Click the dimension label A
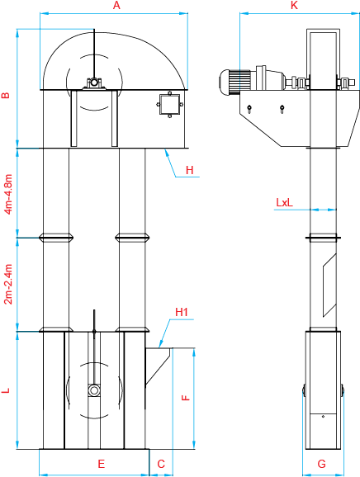pyautogui.click(x=116, y=5)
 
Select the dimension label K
pyautogui.click(x=294, y=5)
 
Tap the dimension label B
pyautogui.click(x=6, y=95)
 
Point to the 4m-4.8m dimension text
pyautogui.click(x=8, y=194)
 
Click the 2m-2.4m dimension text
pyautogui.click(x=8, y=284)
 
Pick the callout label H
pyautogui.click(x=189, y=170)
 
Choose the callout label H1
pyautogui.click(x=182, y=312)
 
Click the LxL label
pyautogui.click(x=285, y=202)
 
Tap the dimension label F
pyautogui.click(x=186, y=398)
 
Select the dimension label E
pyautogui.click(x=102, y=464)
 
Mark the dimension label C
pyautogui.click(x=161, y=464)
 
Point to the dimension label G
pyautogui.click(x=322, y=464)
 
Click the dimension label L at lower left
pyautogui.click(x=6, y=390)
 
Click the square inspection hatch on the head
pyautogui.click(x=169, y=104)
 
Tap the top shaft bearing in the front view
pyautogui.click(x=94, y=83)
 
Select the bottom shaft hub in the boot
pyautogui.click(x=94, y=390)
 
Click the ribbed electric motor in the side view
pyautogui.click(x=235, y=81)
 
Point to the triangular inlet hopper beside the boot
pyautogui.click(x=158, y=365)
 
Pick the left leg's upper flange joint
pyautogui.click(x=56, y=238)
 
